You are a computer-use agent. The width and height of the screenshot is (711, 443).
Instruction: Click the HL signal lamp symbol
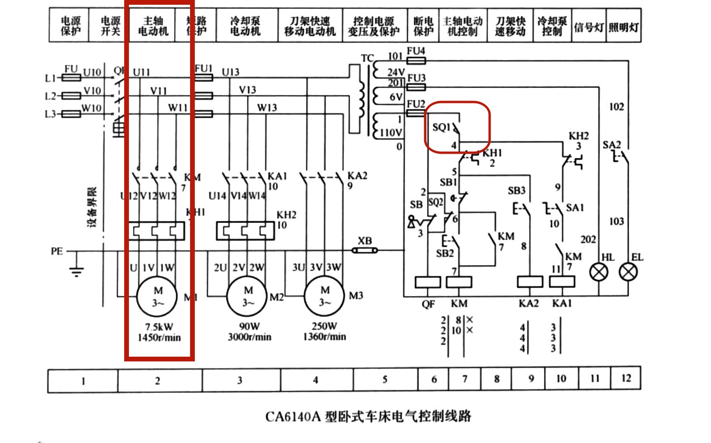click(599, 273)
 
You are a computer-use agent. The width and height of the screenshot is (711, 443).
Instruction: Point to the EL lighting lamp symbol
click(629, 273)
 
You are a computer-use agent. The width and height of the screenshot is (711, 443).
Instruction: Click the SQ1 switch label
click(441, 128)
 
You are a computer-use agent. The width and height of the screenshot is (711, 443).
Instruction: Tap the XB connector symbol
click(365, 250)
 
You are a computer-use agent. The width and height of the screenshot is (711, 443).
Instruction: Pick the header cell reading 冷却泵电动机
click(245, 26)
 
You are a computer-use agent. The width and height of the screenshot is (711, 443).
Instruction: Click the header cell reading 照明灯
click(623, 27)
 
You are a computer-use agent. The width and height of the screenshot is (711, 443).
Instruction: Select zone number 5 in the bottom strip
click(385, 379)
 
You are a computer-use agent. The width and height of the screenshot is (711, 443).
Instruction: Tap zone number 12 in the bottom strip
click(626, 378)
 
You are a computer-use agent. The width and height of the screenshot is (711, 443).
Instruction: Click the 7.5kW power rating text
click(159, 327)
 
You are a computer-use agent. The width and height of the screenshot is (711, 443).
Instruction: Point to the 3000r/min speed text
click(249, 337)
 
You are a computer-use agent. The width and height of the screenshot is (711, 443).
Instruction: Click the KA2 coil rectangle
click(529, 282)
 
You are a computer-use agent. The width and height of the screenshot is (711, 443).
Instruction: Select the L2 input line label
click(50, 96)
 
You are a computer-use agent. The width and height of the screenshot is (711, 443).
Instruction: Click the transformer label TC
click(367, 58)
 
